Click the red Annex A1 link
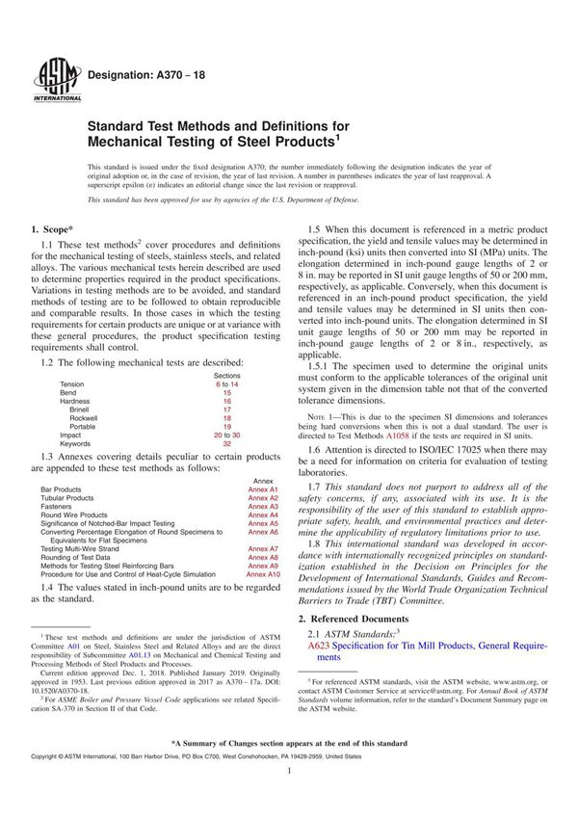(x=261, y=489)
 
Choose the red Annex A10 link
(x=263, y=573)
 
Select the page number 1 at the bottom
(x=289, y=798)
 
